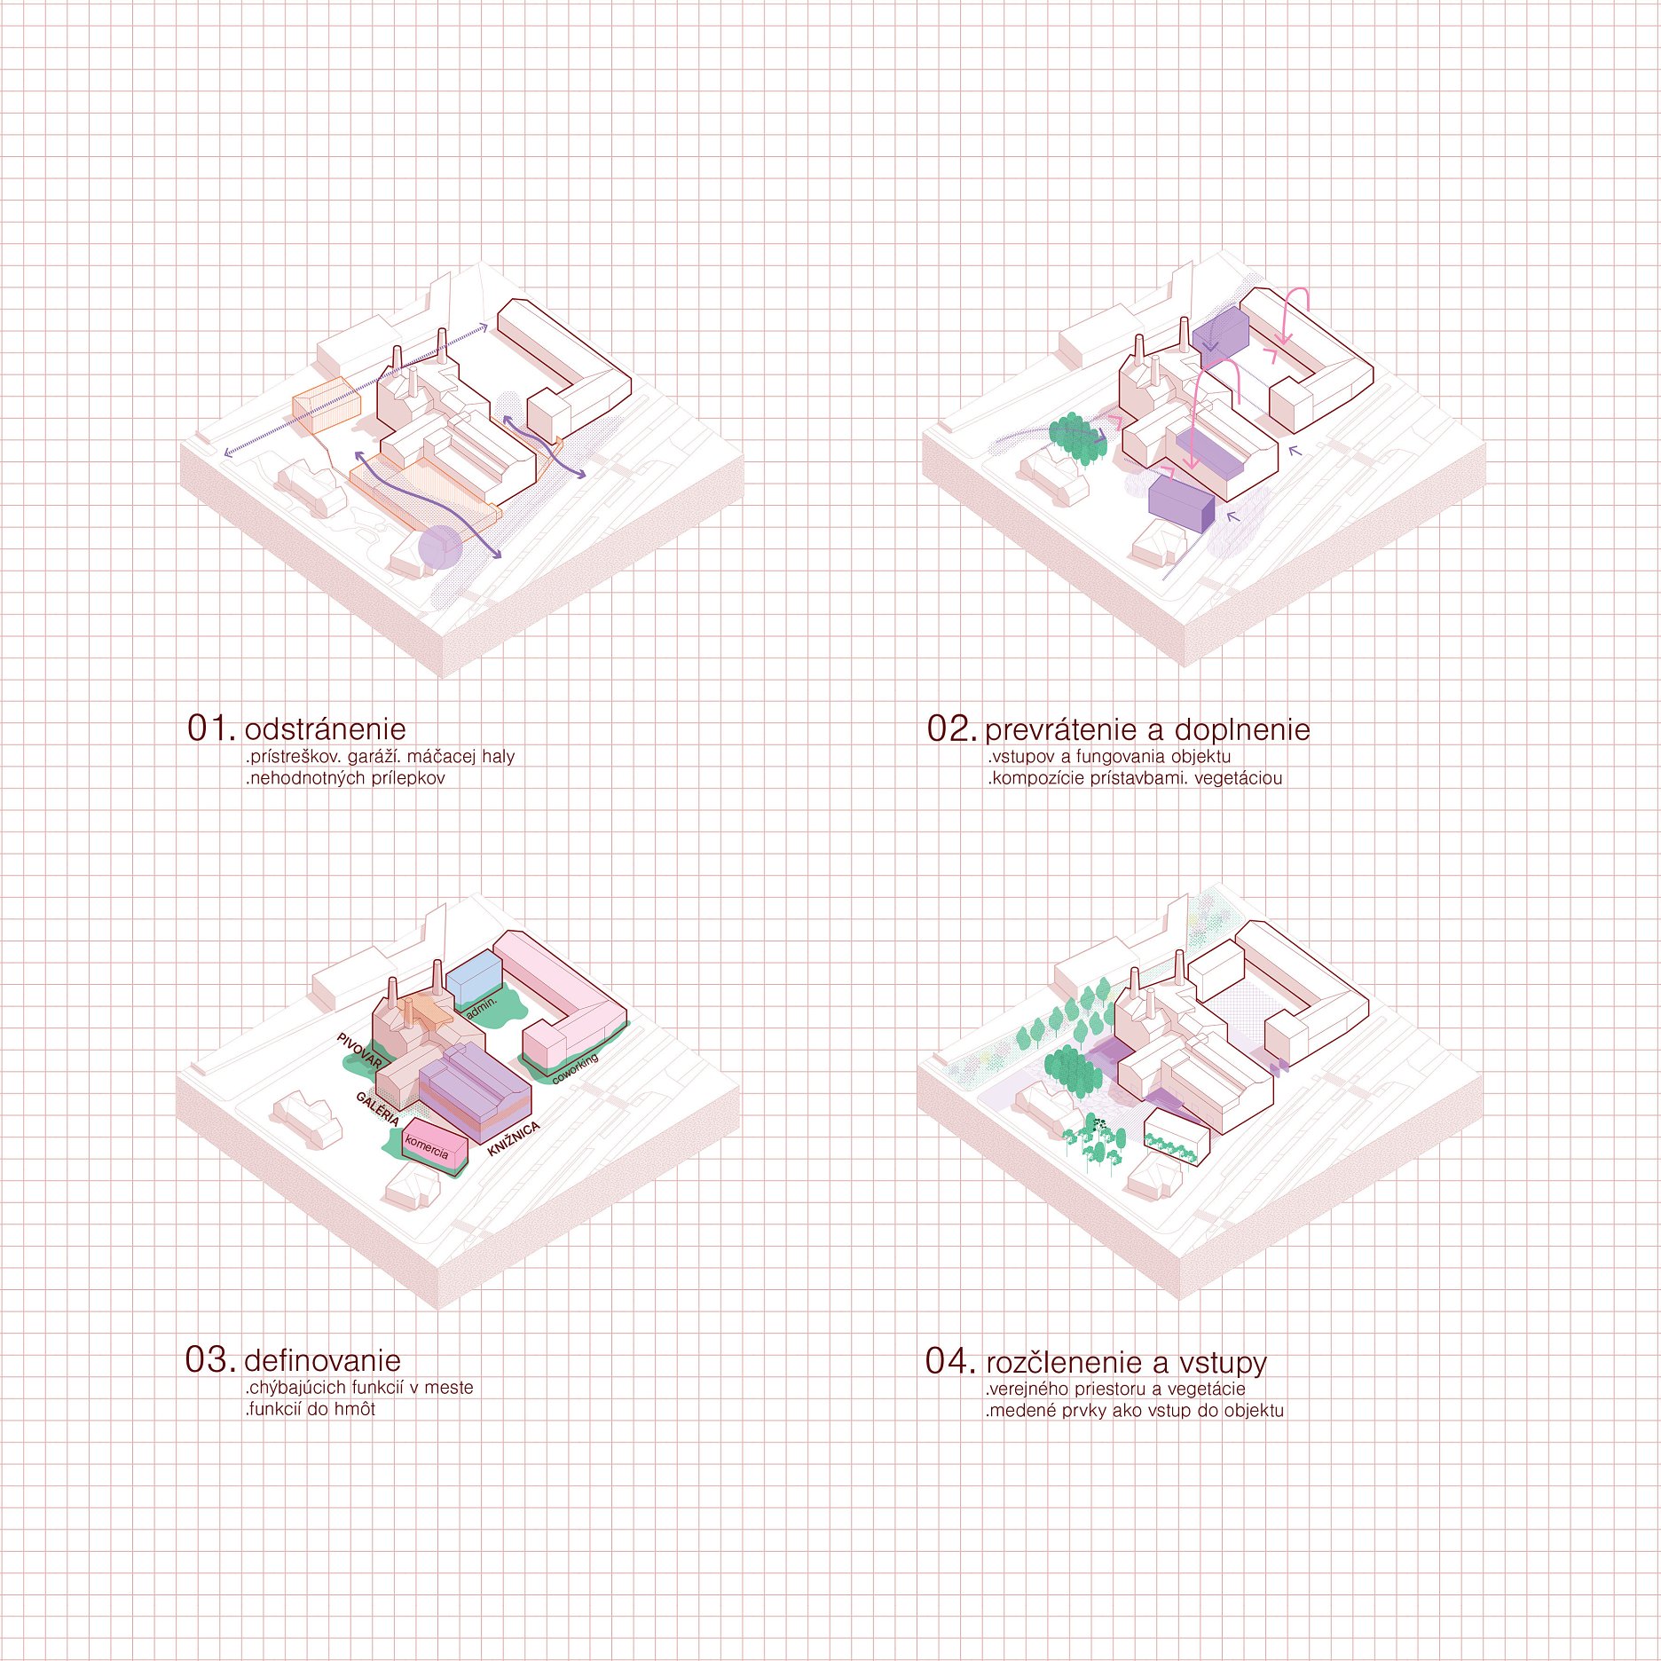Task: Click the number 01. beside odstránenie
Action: coord(212,728)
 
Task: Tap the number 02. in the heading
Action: coord(952,728)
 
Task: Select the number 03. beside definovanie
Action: coord(211,1359)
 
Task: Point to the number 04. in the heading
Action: coord(951,1360)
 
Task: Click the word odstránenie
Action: coord(325,728)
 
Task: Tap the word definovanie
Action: coord(322,1359)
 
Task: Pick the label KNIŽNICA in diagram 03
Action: coord(514,1139)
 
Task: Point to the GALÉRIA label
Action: coord(377,1108)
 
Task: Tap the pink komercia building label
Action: coord(427,1147)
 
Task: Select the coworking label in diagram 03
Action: coord(575,1069)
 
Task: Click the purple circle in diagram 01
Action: coord(440,547)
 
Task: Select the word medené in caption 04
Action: coord(1019,1410)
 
